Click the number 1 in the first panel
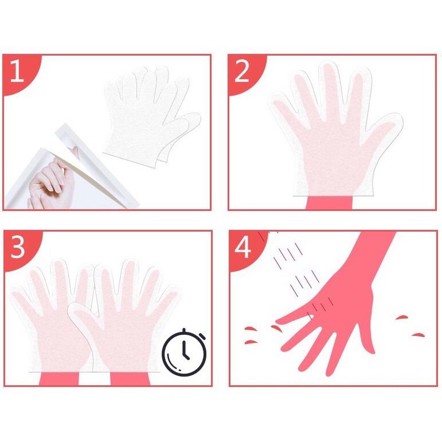(17, 71)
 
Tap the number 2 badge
(242, 71)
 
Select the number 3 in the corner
(18, 247)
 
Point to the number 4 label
(242, 247)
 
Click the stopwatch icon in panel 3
(184, 353)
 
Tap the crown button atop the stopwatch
(184, 330)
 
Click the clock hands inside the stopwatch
(185, 350)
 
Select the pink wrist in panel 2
(329, 203)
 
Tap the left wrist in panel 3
(58, 378)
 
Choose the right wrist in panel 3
(130, 378)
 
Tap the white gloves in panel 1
(152, 116)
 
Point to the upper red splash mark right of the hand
(402, 318)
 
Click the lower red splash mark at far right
(418, 335)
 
